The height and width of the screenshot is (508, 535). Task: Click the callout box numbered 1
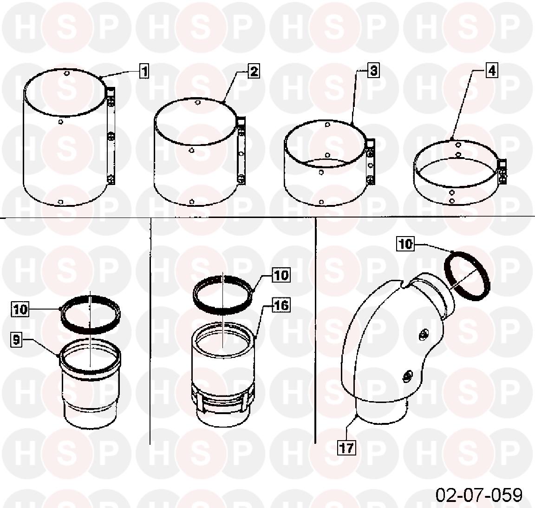pos(144,72)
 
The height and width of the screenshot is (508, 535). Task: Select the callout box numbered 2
pos(254,71)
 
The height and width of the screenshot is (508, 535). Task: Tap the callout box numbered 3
pos(374,70)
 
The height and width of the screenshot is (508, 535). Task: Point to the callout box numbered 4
pos(492,70)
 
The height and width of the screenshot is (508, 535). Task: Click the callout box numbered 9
pos(16,340)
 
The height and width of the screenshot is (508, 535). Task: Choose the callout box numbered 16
pos(281,305)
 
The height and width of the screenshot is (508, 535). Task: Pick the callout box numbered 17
pos(346,448)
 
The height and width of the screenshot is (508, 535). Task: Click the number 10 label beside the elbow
pos(406,244)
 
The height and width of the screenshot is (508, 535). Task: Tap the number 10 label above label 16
pos(281,275)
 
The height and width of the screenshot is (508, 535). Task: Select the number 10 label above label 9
pos(20,309)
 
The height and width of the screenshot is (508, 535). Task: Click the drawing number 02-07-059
pos(479,495)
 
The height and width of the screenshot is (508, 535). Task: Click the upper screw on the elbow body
pos(424,334)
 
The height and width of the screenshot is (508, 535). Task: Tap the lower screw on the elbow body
pos(406,376)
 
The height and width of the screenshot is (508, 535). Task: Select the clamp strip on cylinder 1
pos(111,136)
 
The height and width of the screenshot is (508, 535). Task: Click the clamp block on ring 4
pos(502,171)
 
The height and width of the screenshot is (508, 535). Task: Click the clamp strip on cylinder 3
pos(371,161)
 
